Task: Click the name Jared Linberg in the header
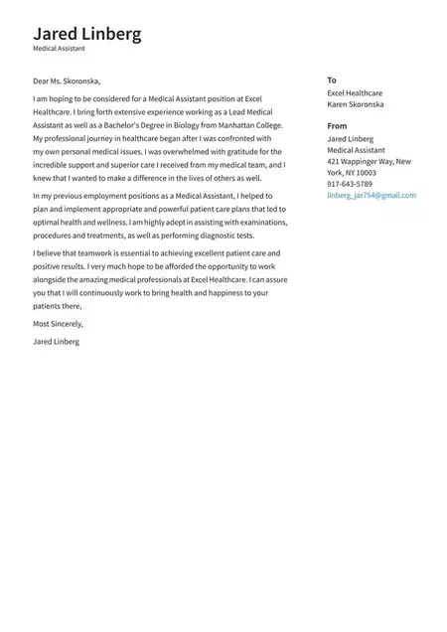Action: pos(87,34)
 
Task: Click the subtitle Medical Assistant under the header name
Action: pos(59,49)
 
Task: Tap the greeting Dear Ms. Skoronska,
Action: pos(67,80)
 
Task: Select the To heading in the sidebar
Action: pos(332,80)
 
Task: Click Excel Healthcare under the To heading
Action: pos(355,92)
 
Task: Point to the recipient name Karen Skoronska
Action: pos(356,104)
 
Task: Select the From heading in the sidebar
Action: pos(337,126)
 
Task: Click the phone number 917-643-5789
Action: pos(350,184)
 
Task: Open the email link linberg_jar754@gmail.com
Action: pos(372,196)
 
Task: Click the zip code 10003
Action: pos(366,172)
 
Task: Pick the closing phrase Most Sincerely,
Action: pos(59,324)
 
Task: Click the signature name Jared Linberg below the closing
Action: pos(56,342)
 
